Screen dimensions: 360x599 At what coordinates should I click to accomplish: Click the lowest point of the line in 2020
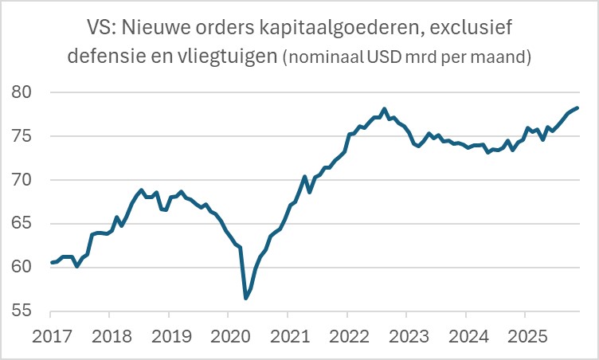tap(246, 298)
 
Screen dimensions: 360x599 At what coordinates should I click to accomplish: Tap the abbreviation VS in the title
tap(97, 29)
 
